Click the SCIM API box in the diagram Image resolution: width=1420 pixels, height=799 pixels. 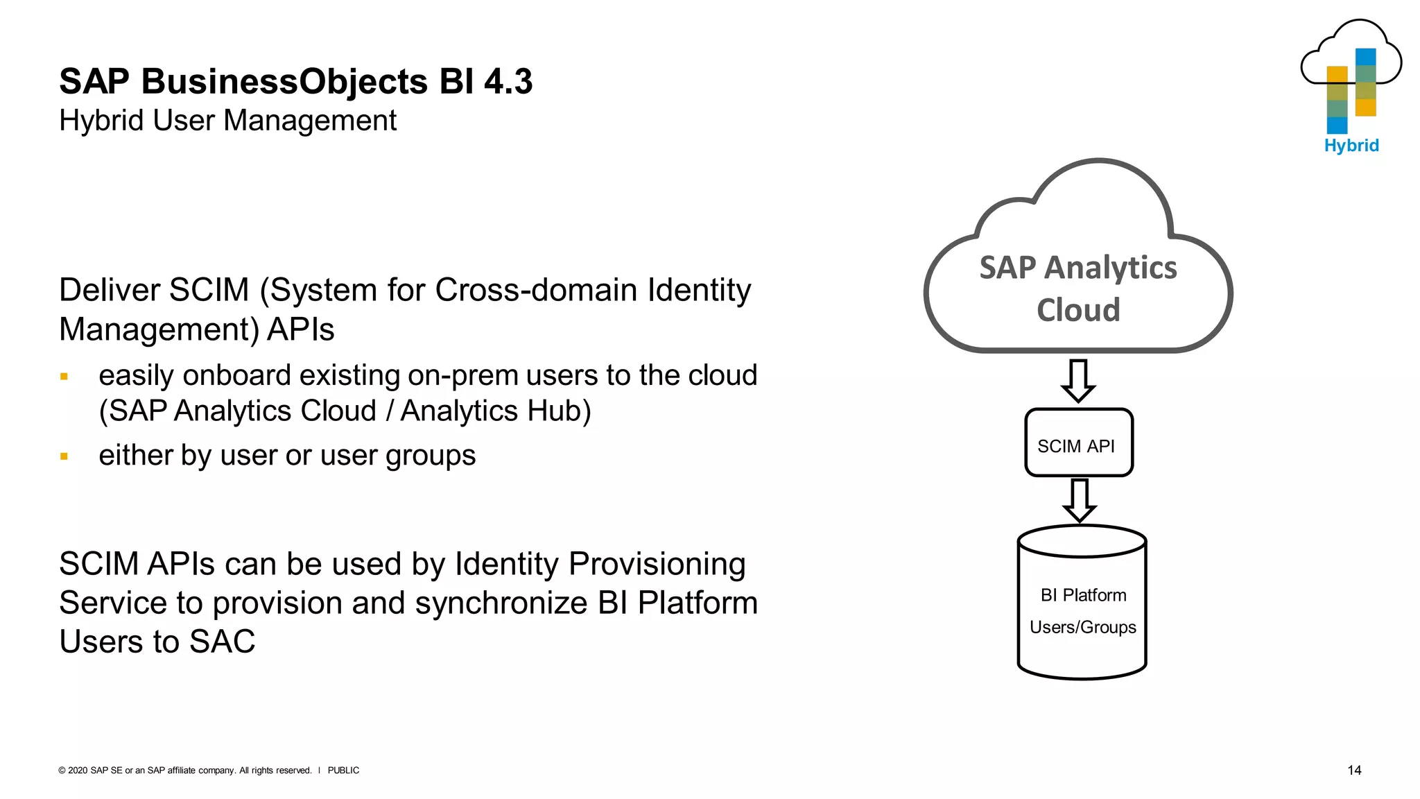(x=1079, y=443)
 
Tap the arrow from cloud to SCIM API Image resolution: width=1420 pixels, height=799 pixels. (x=1078, y=380)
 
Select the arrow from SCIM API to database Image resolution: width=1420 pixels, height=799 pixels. (x=1080, y=500)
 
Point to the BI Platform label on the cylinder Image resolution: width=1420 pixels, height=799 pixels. (x=1083, y=595)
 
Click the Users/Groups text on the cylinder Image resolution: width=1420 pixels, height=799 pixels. (x=1082, y=627)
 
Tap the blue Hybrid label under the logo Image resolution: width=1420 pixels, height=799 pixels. (x=1351, y=146)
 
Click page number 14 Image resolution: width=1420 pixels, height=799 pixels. (x=1353, y=770)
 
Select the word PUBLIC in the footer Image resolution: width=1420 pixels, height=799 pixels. (x=343, y=771)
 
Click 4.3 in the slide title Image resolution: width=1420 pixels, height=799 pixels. (x=508, y=82)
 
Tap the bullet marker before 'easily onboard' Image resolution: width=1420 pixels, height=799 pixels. (x=64, y=377)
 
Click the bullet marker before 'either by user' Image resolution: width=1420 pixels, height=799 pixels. (x=64, y=456)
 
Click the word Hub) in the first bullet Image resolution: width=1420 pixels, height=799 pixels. (x=559, y=411)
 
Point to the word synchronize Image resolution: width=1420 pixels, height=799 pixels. (x=501, y=603)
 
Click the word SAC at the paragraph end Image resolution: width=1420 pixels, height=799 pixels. (x=222, y=642)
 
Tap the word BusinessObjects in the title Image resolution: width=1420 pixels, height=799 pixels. (x=284, y=82)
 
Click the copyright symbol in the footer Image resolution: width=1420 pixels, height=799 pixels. (x=62, y=771)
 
